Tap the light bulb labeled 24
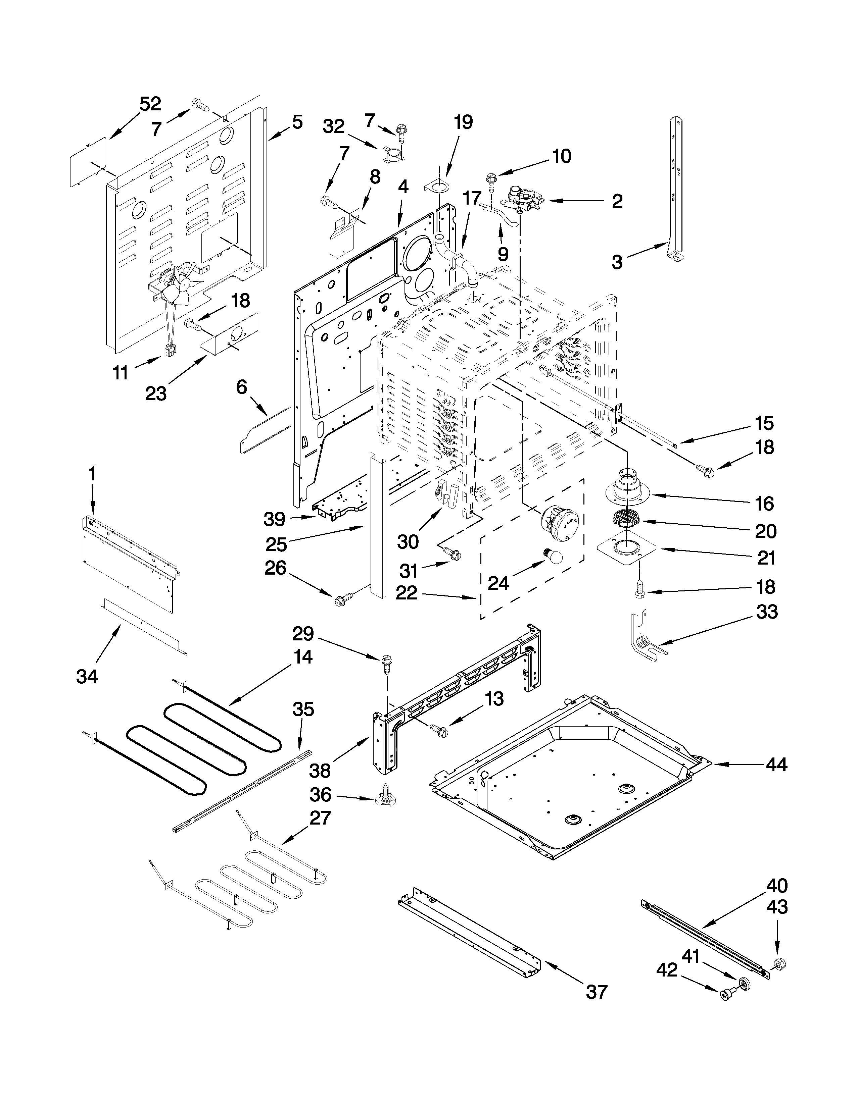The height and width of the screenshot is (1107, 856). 553,556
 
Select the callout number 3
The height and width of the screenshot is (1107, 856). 617,262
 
